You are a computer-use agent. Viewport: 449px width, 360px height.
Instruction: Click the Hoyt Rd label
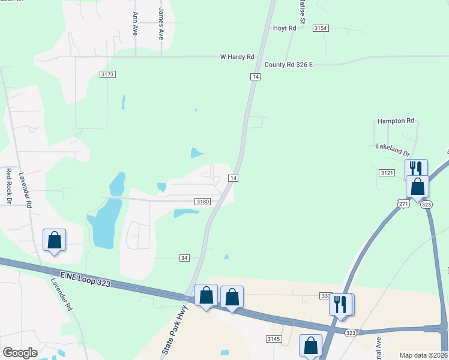pyautogui.click(x=285, y=28)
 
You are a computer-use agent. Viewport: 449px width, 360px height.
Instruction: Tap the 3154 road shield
pyautogui.click(x=321, y=28)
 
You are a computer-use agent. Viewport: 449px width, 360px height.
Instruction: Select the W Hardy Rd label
pyautogui.click(x=237, y=57)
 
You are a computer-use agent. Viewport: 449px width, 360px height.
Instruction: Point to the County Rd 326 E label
pyautogui.click(x=289, y=64)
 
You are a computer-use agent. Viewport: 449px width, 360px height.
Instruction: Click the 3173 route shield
pyautogui.click(x=107, y=74)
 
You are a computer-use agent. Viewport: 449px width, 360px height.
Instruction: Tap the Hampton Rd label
pyautogui.click(x=396, y=121)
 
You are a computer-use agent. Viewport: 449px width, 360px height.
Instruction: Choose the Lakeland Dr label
pyautogui.click(x=393, y=146)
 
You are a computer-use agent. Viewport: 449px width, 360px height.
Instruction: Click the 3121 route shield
pyautogui.click(x=387, y=172)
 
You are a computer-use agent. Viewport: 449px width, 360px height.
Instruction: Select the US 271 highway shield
pyautogui.click(x=403, y=204)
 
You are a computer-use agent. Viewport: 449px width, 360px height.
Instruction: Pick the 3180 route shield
pyautogui.click(x=203, y=202)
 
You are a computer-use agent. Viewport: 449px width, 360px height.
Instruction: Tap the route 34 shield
pyautogui.click(x=184, y=257)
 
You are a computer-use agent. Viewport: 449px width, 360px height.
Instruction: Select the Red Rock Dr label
pyautogui.click(x=9, y=185)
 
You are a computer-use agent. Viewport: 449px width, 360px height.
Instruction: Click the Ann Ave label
pyautogui.click(x=135, y=23)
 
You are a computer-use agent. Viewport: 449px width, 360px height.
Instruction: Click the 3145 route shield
pyautogui.click(x=274, y=339)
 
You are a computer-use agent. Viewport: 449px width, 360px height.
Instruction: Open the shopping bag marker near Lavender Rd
pyautogui.click(x=54, y=240)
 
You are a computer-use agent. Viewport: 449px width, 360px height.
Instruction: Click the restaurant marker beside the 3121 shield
pyautogui.click(x=415, y=169)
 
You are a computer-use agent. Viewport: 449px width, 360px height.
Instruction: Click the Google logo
pyautogui.click(x=20, y=353)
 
